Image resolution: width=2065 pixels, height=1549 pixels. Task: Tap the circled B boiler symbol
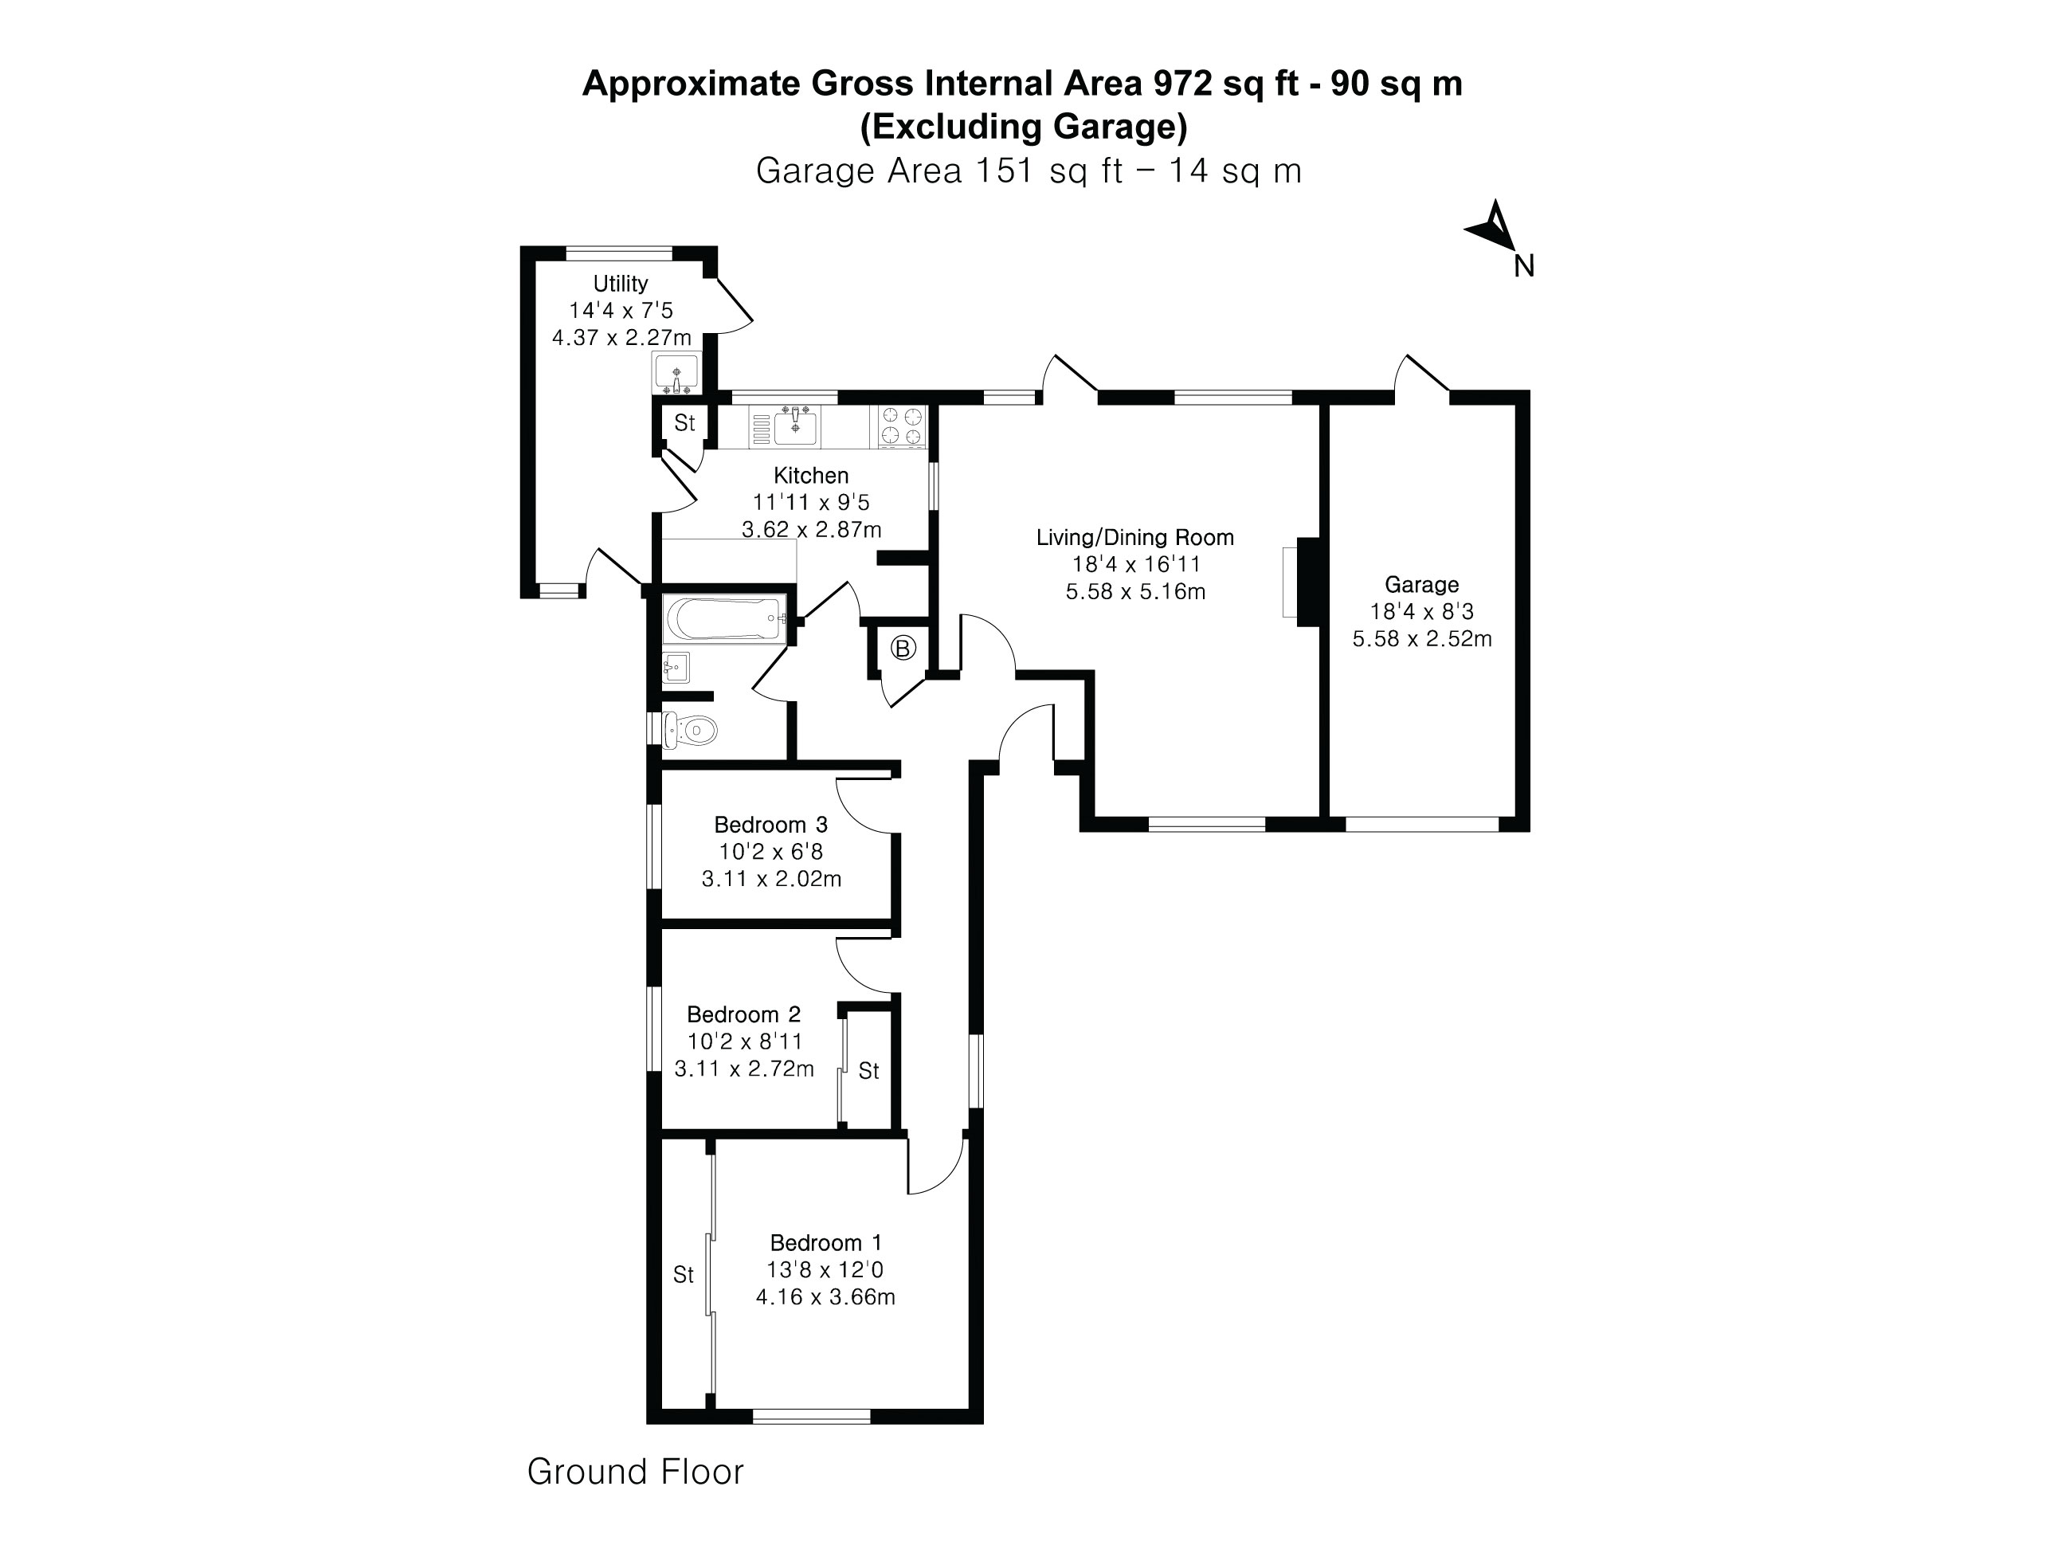(903, 647)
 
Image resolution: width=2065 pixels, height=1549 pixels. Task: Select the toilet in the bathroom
(692, 729)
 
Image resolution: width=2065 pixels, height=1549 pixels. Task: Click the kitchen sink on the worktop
(794, 427)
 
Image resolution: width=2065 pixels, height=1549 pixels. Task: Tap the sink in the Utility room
(675, 375)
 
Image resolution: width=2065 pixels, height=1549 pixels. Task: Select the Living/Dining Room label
(1134, 538)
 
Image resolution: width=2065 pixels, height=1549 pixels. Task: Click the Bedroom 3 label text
(770, 825)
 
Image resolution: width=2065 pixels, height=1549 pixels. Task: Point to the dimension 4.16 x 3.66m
(825, 1297)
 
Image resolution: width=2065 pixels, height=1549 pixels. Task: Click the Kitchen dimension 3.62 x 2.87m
(811, 529)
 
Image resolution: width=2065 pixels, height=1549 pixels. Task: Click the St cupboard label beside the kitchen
(684, 423)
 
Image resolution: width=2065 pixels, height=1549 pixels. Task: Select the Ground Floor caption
(635, 1472)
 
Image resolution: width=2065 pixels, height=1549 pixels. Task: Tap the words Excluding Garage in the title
(1023, 127)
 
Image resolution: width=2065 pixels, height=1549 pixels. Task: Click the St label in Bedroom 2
(868, 1071)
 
